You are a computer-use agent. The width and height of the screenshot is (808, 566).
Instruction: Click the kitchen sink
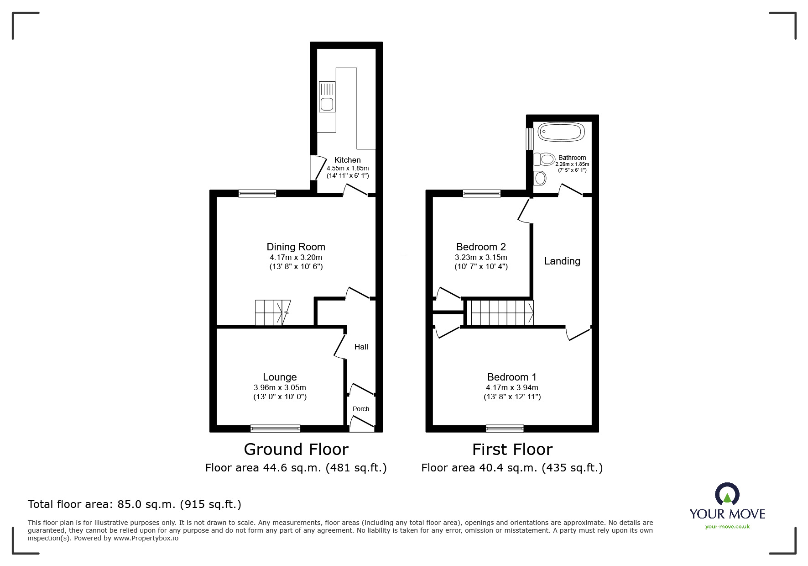[327, 97]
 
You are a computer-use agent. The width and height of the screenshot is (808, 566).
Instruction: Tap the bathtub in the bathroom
[561, 132]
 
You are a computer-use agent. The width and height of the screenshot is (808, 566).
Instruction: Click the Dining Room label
[296, 247]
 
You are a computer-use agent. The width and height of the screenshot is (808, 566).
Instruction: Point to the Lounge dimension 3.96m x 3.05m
[280, 387]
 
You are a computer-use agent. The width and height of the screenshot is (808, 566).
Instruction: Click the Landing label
[562, 261]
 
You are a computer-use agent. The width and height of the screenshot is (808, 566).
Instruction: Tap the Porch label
[361, 409]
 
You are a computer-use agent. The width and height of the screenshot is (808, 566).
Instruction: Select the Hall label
[361, 347]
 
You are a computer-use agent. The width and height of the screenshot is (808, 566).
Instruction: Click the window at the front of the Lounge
[275, 428]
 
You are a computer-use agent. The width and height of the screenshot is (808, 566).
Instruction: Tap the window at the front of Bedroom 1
[505, 428]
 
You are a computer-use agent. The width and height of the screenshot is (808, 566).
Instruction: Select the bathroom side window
[530, 138]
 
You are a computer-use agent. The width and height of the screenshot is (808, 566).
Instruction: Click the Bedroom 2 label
[481, 247]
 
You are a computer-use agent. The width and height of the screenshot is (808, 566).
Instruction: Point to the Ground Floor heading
[296, 450]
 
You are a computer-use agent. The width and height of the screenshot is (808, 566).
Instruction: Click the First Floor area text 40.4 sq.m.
[512, 468]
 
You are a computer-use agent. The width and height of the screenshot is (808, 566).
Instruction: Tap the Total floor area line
[135, 504]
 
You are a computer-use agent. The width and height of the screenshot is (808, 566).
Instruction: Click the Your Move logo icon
[727, 494]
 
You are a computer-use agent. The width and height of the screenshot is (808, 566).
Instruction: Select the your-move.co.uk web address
[727, 527]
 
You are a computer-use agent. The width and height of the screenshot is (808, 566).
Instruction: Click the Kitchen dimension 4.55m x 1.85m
[347, 168]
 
